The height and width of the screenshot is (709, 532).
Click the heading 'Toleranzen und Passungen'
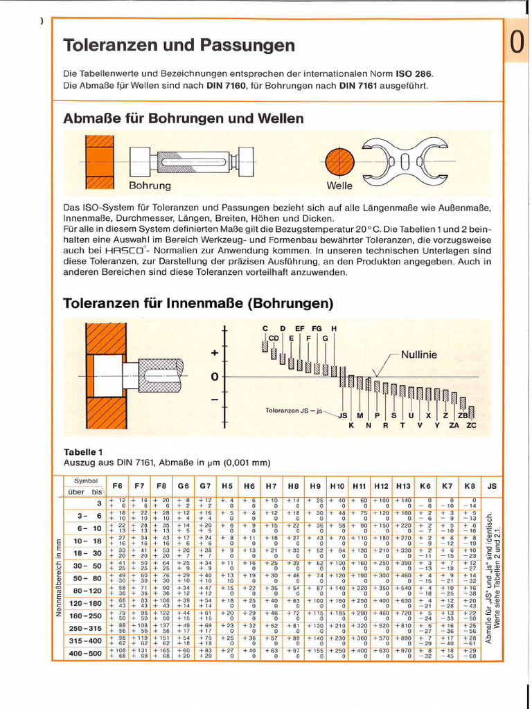pyautogui.click(x=179, y=46)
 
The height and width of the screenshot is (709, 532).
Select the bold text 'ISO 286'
pyautogui.click(x=414, y=73)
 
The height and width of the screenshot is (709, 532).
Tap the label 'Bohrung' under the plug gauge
pyautogui.click(x=149, y=186)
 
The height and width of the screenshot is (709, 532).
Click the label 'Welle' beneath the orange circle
pyautogui.click(x=339, y=186)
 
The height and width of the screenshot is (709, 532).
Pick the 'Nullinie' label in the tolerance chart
pyautogui.click(x=419, y=354)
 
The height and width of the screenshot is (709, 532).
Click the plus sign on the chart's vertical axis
pyautogui.click(x=215, y=353)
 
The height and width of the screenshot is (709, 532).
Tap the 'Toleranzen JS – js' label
pyautogui.click(x=294, y=411)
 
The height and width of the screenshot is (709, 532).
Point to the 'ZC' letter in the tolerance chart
pyautogui.click(x=471, y=425)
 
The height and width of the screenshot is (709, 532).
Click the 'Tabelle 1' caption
pyautogui.click(x=83, y=451)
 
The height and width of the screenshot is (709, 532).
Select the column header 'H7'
pyautogui.click(x=271, y=486)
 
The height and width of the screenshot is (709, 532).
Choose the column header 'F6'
pyautogui.click(x=117, y=486)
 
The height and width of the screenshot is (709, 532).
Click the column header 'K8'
pyautogui.click(x=470, y=486)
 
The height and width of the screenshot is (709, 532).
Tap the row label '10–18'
pyautogui.click(x=87, y=540)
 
